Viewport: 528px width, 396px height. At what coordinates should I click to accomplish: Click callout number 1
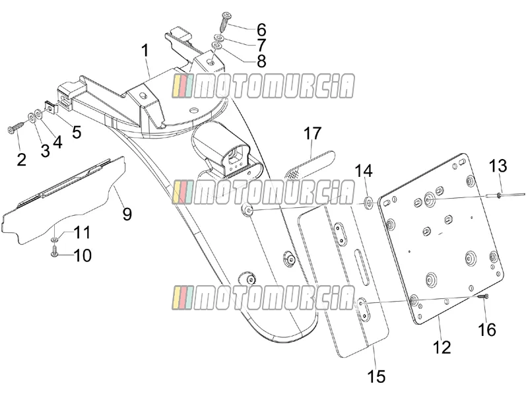[145, 51]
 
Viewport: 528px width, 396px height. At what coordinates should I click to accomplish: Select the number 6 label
[261, 30]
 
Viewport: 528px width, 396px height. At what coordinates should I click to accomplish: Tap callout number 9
[127, 214]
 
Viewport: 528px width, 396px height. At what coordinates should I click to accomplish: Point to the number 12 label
[442, 347]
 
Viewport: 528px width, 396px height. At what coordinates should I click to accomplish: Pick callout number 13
[498, 166]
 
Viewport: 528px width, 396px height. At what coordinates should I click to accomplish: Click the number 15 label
[376, 376]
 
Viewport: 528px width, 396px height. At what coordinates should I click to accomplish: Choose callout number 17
[312, 133]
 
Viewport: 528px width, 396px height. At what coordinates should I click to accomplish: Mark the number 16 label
[487, 329]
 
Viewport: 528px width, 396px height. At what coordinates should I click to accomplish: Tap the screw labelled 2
[16, 127]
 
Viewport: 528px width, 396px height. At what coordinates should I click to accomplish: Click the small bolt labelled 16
[484, 296]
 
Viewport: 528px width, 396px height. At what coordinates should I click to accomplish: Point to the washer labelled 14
[369, 203]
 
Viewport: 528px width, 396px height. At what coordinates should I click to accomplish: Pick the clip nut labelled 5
[51, 107]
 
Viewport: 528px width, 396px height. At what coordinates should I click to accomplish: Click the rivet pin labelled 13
[506, 195]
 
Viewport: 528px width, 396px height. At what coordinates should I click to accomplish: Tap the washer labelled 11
[55, 240]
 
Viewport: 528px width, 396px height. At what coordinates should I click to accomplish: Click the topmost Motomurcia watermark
[263, 86]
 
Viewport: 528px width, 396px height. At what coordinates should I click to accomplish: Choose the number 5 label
[77, 133]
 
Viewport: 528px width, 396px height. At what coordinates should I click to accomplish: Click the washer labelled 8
[217, 46]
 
